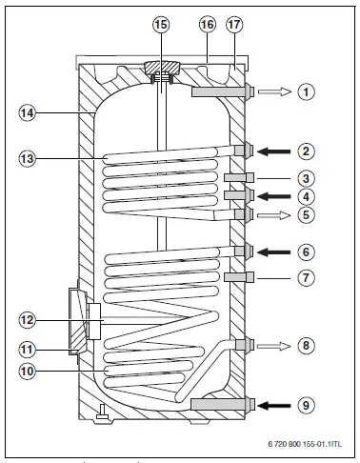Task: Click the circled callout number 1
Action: click(304, 92)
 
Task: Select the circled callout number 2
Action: click(304, 150)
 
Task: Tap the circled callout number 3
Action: click(304, 178)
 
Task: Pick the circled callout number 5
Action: click(304, 215)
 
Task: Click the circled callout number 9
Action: click(304, 404)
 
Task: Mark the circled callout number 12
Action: click(30, 320)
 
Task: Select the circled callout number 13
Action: click(30, 157)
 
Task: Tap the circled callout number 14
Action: click(30, 112)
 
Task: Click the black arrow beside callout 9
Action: click(274, 404)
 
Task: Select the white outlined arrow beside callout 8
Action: click(274, 344)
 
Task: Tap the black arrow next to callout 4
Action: click(274, 196)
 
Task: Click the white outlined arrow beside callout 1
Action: click(274, 92)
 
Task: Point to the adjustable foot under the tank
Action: click(99, 411)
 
